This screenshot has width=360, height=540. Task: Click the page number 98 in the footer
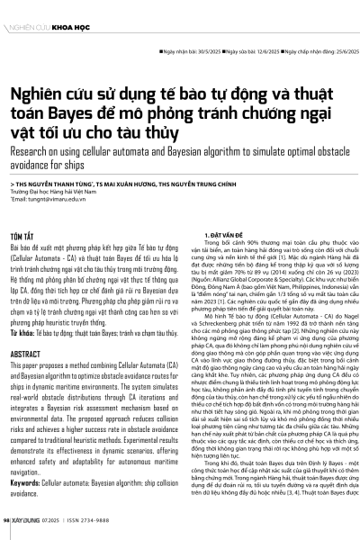(6, 521)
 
